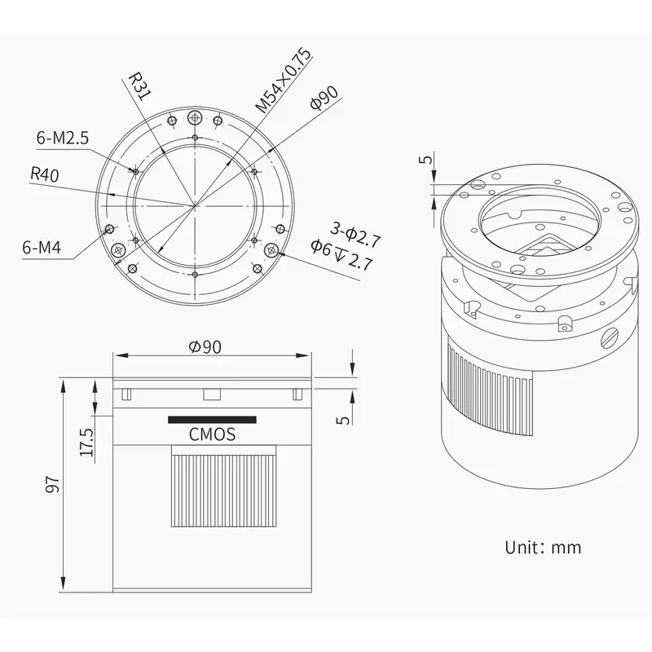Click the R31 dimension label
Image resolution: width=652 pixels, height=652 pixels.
click(x=138, y=87)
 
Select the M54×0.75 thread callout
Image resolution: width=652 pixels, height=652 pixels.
click(x=283, y=81)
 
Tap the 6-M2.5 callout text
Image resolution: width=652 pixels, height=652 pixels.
click(x=63, y=138)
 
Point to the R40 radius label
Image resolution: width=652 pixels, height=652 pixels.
click(x=44, y=174)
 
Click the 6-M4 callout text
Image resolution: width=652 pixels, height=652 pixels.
click(x=42, y=248)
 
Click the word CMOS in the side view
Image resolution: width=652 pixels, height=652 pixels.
click(x=212, y=434)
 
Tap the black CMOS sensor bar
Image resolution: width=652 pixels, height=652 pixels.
click(x=212, y=420)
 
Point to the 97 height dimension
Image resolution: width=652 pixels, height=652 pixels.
click(x=52, y=484)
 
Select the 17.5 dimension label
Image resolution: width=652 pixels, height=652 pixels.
click(x=86, y=443)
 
